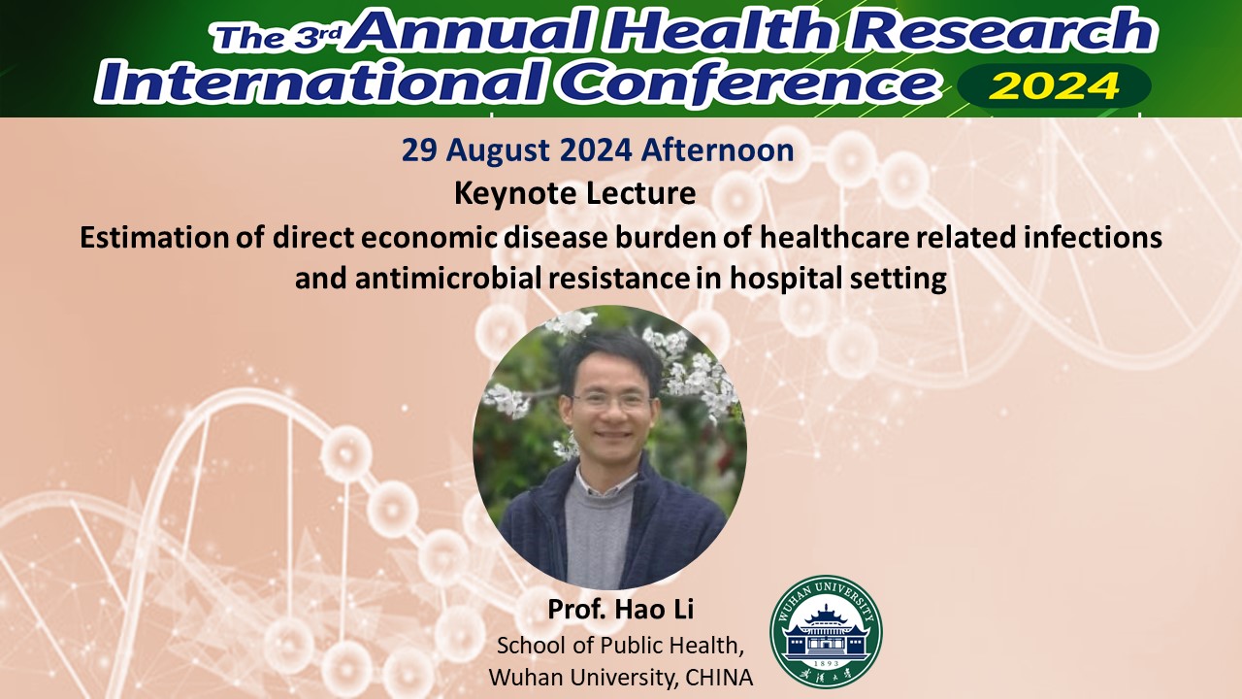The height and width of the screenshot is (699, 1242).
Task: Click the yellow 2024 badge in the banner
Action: [1054, 86]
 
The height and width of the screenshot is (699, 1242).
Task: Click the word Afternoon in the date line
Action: [717, 150]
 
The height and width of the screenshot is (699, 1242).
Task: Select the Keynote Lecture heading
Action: [575, 193]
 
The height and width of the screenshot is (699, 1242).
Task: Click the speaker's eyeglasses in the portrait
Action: [611, 402]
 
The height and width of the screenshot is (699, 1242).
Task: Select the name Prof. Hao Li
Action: [620, 609]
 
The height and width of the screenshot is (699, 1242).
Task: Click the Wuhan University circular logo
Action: [826, 632]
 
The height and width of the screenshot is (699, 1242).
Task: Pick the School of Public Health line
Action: [620, 646]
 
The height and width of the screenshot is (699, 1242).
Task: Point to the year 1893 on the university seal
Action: [826, 663]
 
